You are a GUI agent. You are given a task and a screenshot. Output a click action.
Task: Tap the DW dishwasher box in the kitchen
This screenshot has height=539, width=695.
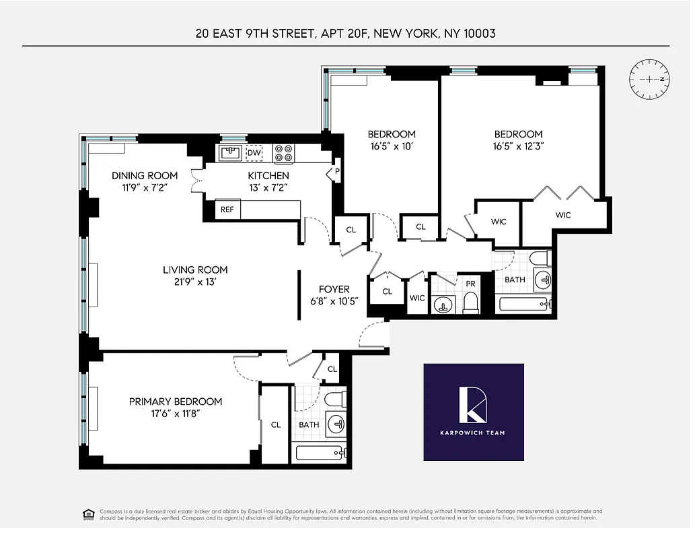pyautogui.click(x=254, y=154)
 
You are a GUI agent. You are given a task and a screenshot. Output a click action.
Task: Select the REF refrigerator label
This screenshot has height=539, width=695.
pyautogui.click(x=227, y=210)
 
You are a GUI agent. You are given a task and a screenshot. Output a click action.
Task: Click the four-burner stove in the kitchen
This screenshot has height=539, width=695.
pyautogui.click(x=283, y=154)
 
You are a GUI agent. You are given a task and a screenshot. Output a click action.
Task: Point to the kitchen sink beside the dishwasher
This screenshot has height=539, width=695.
pyautogui.click(x=231, y=154)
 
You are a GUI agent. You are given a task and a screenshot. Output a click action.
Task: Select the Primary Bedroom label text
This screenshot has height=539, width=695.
pyautogui.click(x=175, y=402)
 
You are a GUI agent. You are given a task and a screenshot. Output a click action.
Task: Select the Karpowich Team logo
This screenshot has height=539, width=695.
pyautogui.click(x=473, y=412)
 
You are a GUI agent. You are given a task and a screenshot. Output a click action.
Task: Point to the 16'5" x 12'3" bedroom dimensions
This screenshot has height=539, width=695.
pyautogui.click(x=518, y=146)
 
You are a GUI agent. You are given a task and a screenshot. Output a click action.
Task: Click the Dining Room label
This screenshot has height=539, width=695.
pyautogui.click(x=145, y=176)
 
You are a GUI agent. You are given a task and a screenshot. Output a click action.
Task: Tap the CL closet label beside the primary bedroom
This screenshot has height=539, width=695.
pyautogui.click(x=275, y=425)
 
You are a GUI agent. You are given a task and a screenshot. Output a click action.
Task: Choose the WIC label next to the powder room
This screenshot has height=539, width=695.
pyautogui.click(x=417, y=298)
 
